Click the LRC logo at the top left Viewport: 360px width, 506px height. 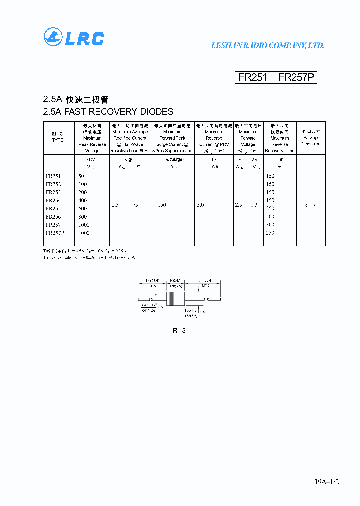click(x=73, y=38)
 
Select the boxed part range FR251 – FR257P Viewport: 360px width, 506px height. click(x=276, y=78)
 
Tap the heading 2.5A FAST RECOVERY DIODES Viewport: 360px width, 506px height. click(x=108, y=112)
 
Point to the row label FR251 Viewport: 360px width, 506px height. click(x=53, y=176)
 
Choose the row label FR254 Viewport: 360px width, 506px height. click(x=53, y=200)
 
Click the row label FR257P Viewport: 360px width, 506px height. click(x=55, y=233)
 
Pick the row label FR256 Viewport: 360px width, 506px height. click(x=53, y=217)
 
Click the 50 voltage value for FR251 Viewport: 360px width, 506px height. click(x=82, y=176)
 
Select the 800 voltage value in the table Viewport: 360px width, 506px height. click(x=82, y=217)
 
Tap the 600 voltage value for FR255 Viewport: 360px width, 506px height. click(x=82, y=208)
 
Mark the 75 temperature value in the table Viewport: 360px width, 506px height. click(x=136, y=205)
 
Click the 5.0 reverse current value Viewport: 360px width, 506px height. click(x=200, y=205)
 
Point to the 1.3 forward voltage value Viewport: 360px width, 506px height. click(x=254, y=205)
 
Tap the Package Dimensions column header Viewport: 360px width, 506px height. click(x=311, y=138)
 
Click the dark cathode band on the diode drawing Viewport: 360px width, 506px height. click(x=171, y=299)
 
